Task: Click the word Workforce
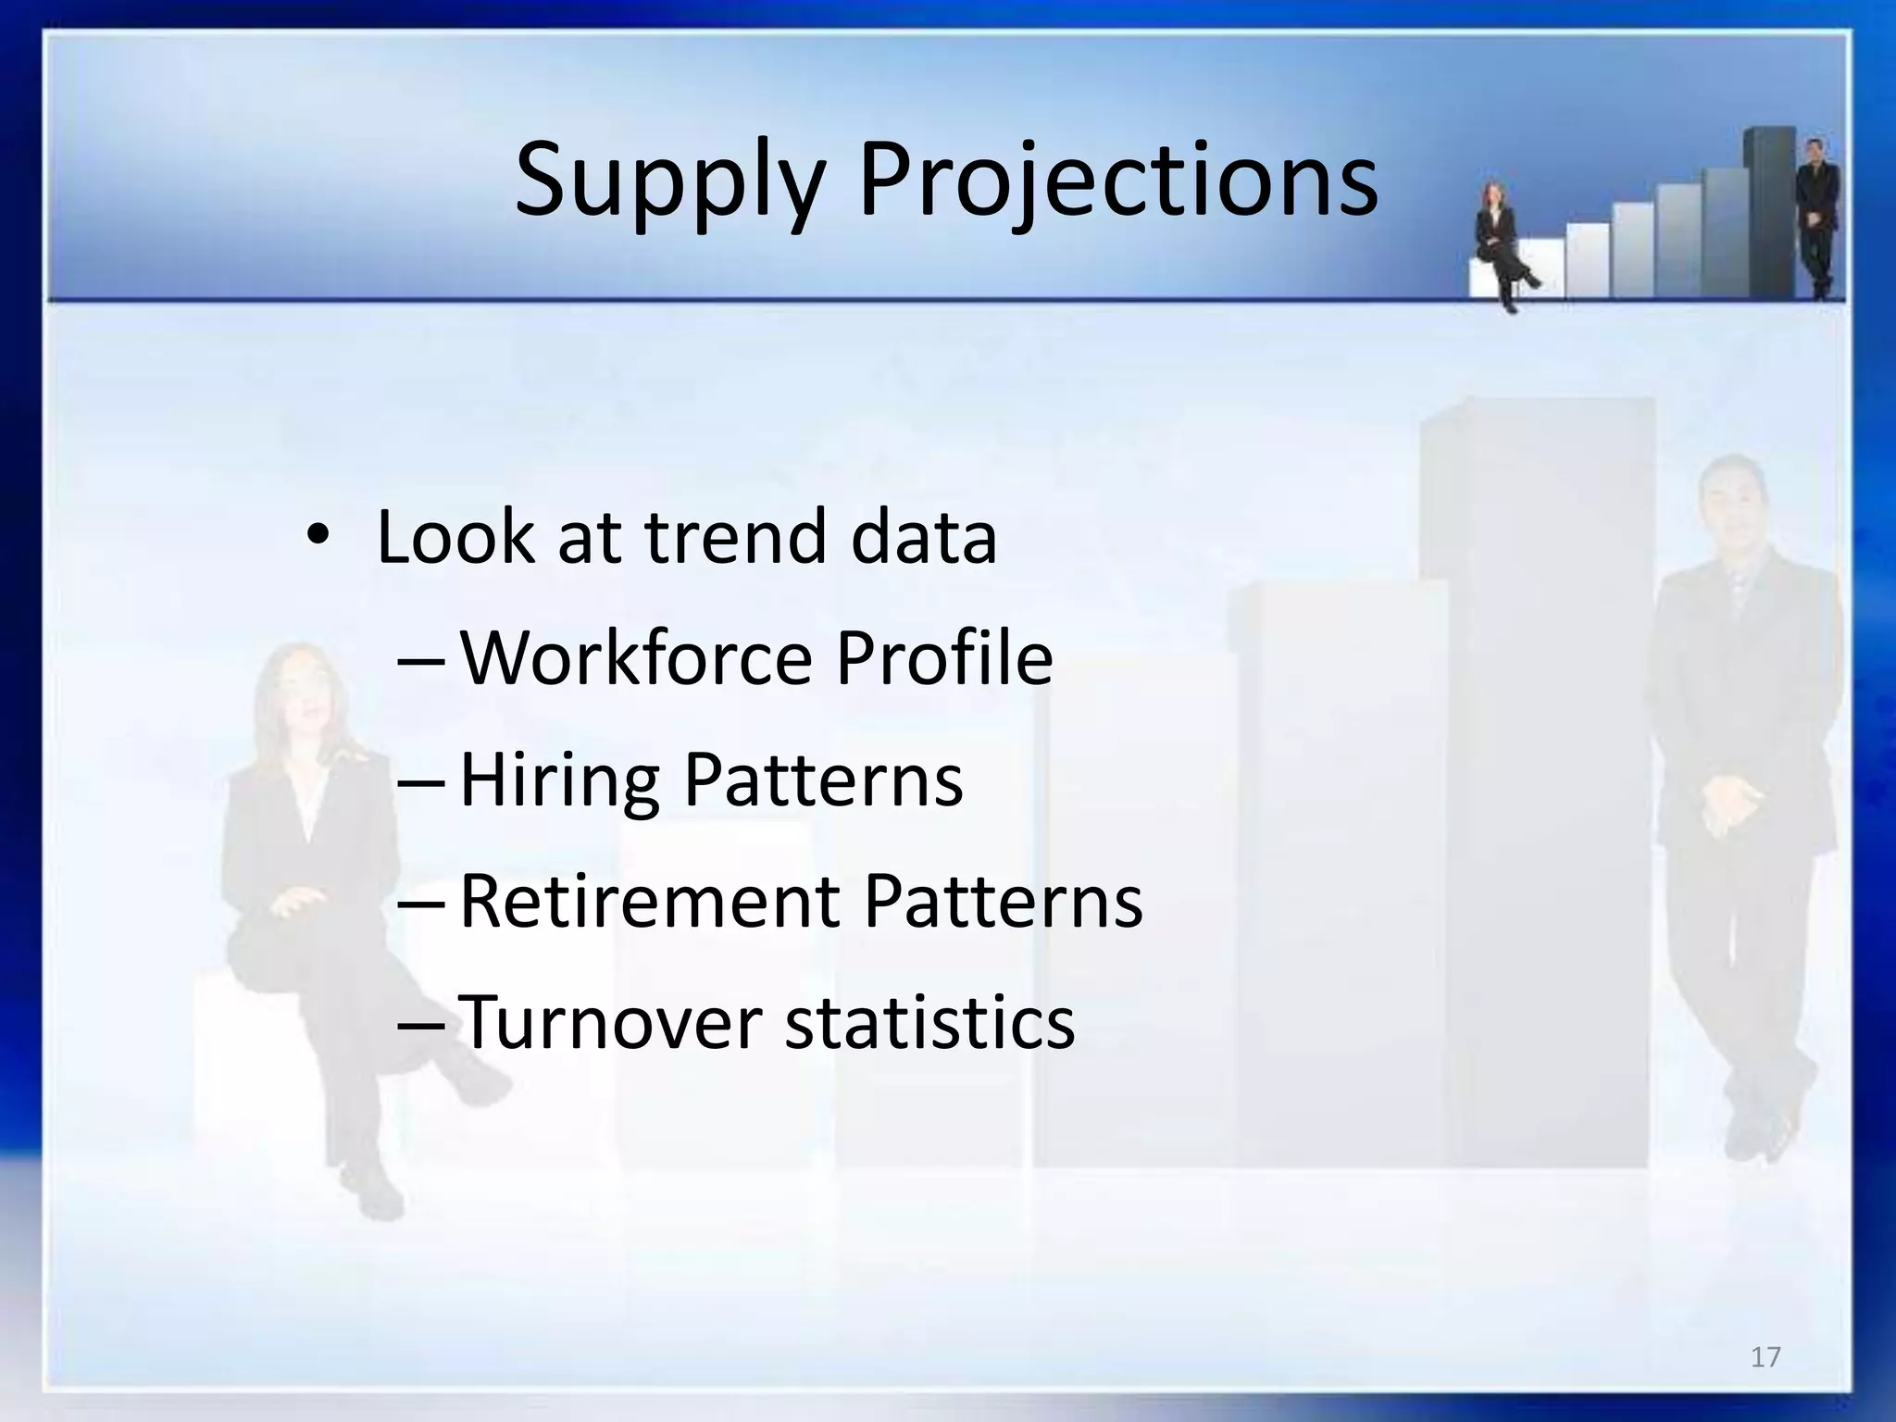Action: point(636,658)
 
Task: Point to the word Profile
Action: point(944,658)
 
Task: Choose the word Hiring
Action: point(559,780)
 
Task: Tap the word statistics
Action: point(929,1022)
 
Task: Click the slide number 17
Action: point(1765,1357)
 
